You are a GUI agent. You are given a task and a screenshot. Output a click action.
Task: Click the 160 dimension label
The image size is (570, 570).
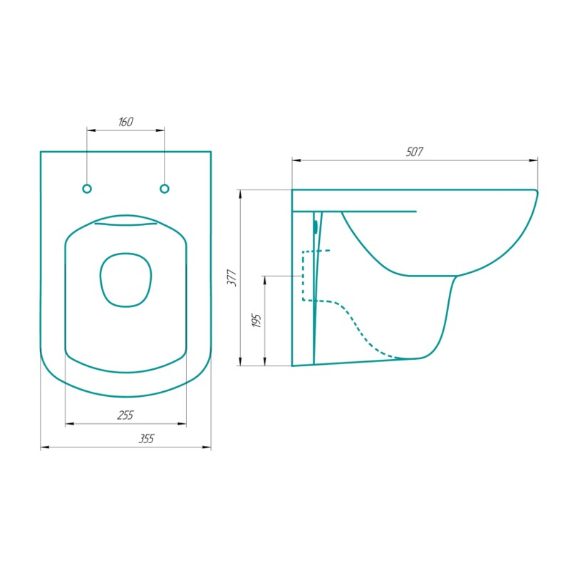[x=125, y=122]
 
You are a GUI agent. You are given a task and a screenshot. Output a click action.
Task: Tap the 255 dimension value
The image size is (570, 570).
[x=125, y=415]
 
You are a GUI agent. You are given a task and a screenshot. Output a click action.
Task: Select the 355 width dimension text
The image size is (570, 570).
[x=147, y=439]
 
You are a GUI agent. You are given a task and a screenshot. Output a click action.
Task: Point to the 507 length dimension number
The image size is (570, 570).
[x=415, y=152]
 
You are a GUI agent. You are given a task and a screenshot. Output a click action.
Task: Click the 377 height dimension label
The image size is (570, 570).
[x=232, y=278]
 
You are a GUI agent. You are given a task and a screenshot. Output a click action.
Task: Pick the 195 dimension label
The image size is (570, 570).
[x=256, y=321]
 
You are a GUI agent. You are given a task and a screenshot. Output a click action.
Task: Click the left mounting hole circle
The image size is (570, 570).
[x=87, y=189]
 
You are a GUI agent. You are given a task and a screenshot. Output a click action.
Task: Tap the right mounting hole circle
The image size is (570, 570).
[x=165, y=189]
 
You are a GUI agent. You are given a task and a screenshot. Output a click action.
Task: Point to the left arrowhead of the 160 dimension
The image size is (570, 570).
[x=91, y=130]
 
